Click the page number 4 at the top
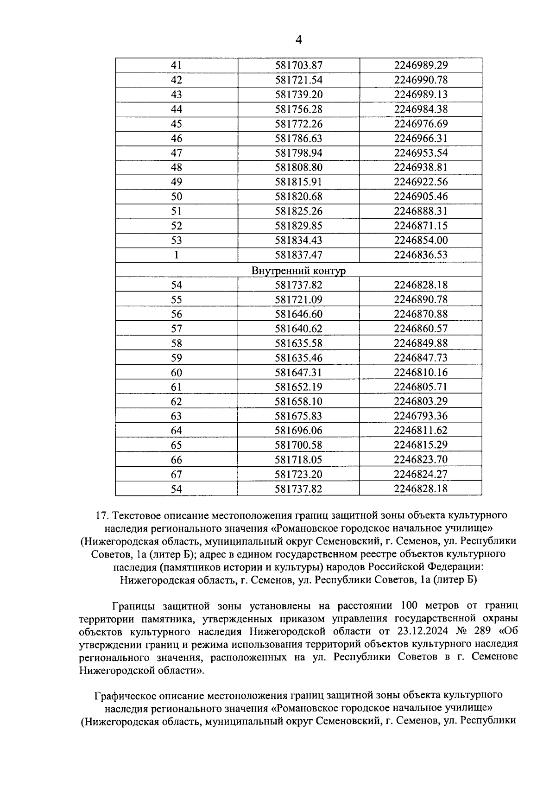298,40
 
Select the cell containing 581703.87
298,65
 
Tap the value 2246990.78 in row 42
421,80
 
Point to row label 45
177,124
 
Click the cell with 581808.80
298,167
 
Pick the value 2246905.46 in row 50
421,197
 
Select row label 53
177,240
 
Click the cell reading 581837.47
298,255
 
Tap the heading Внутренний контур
298,270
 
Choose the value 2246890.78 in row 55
421,299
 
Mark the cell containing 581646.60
298,314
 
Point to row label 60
177,373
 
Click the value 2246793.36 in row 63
421,416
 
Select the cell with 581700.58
298,445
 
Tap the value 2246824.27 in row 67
421,474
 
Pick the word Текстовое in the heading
138,515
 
